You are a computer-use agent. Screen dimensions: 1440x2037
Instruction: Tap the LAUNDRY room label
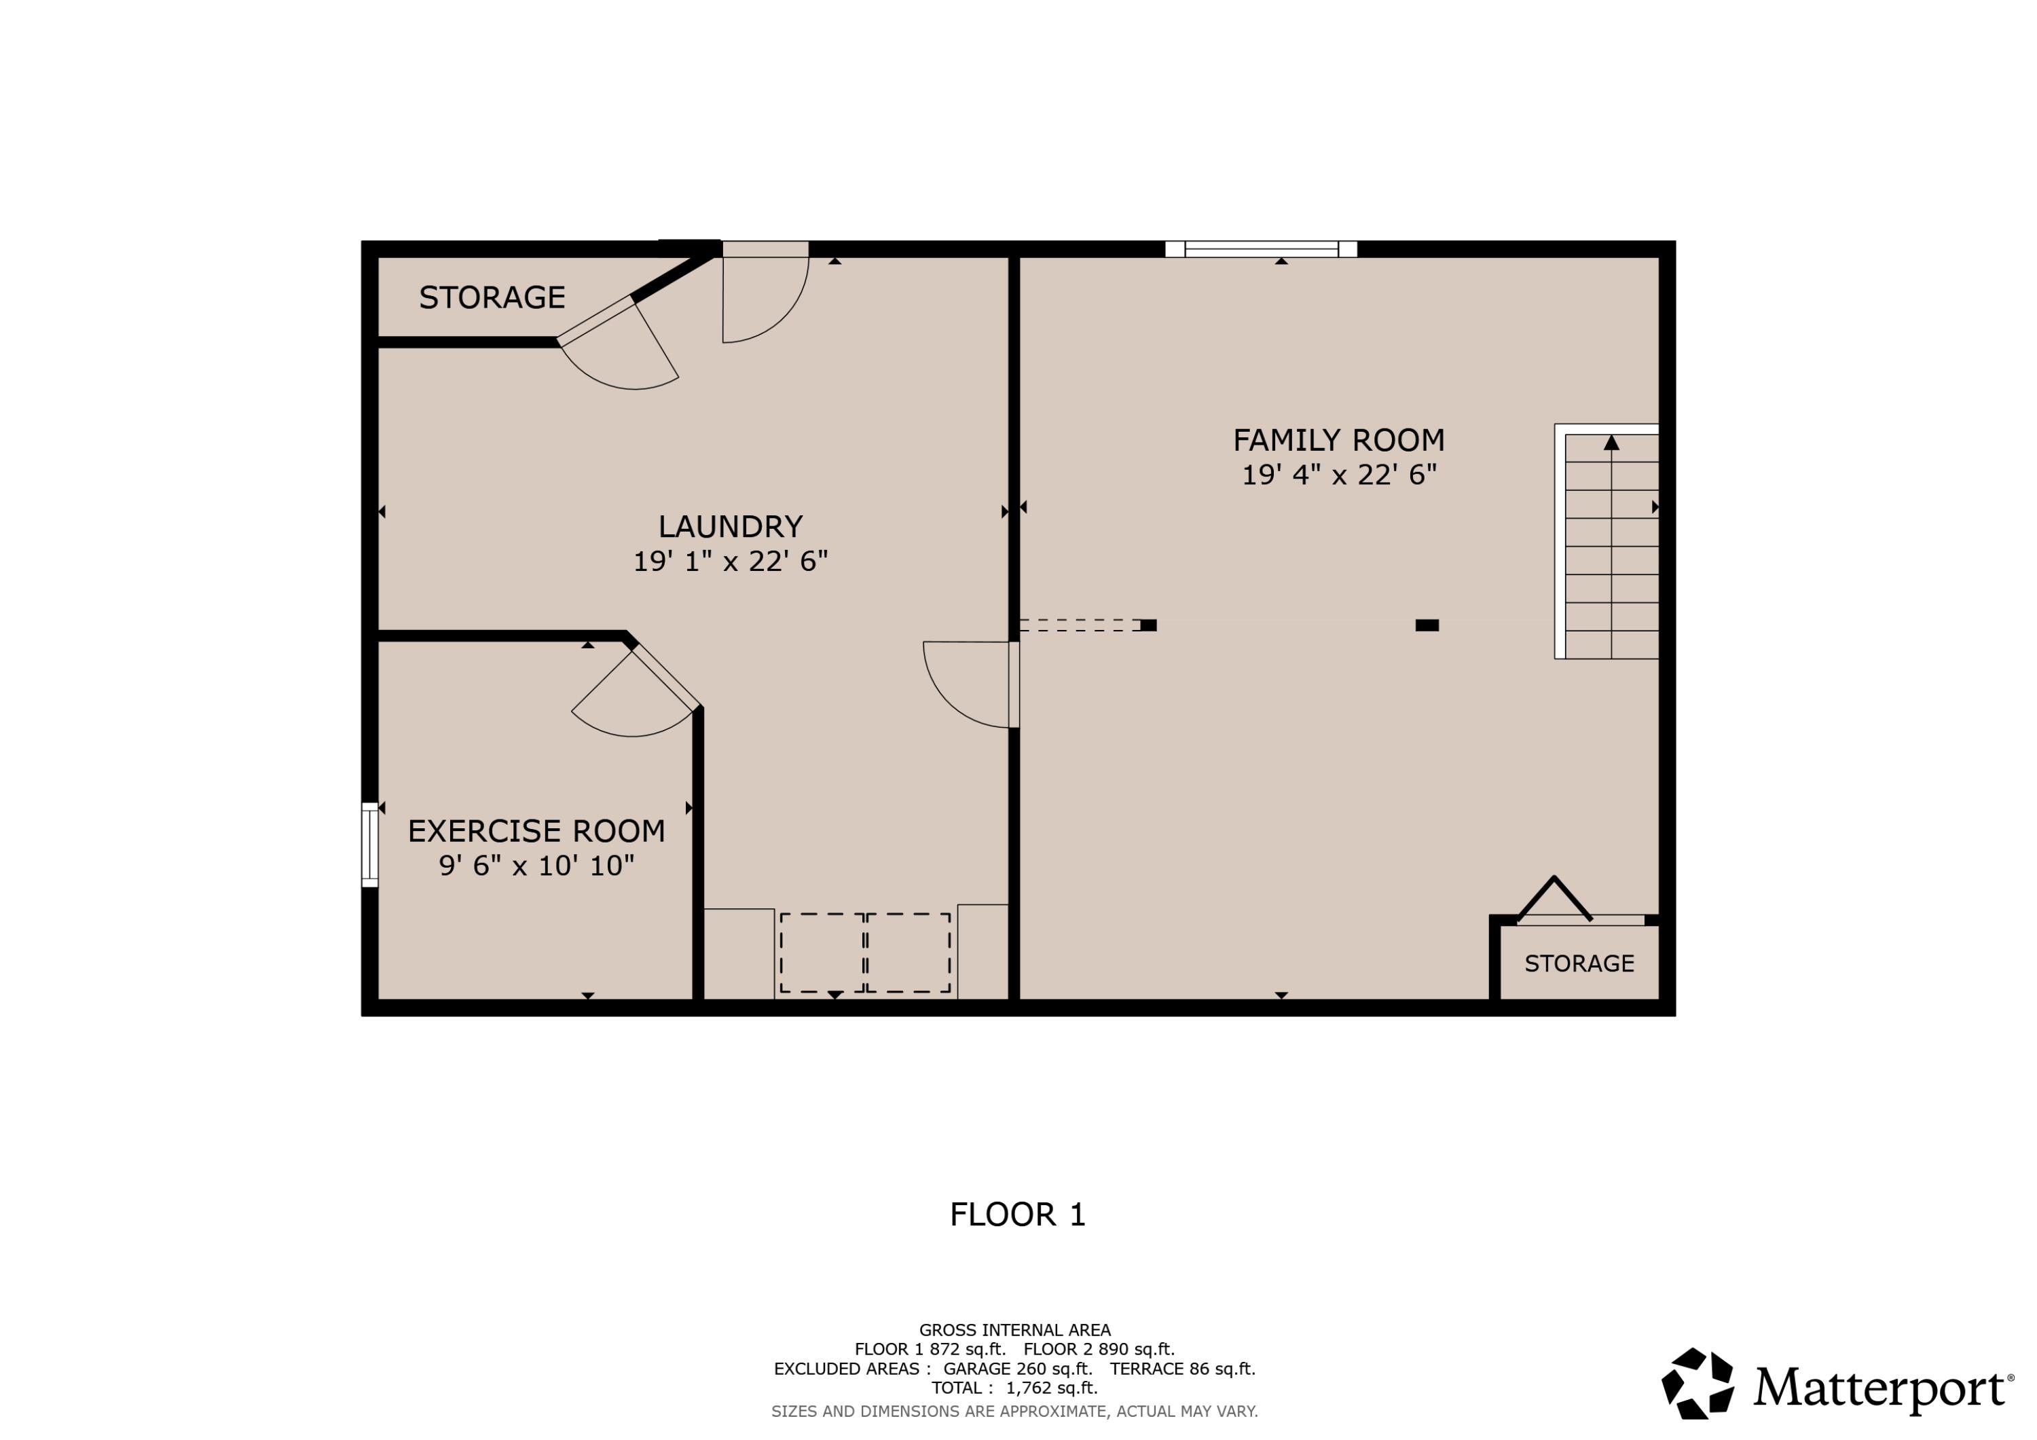[x=730, y=527]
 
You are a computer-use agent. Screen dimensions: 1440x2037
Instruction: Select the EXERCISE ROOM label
[x=536, y=832]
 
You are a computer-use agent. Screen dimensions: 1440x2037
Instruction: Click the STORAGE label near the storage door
[x=492, y=298]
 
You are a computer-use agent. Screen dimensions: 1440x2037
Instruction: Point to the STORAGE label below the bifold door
[x=1579, y=963]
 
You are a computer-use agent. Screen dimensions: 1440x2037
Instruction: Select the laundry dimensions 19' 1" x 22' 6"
[x=730, y=561]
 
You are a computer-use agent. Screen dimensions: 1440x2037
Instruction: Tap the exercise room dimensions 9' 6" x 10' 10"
[x=536, y=866]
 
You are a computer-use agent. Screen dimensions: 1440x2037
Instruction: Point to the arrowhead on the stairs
[x=1611, y=443]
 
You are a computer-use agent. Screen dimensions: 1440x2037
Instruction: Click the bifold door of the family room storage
[x=1554, y=900]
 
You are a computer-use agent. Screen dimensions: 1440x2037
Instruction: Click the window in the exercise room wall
[x=370, y=845]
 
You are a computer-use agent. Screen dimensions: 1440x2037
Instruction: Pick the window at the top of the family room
[x=1261, y=249]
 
